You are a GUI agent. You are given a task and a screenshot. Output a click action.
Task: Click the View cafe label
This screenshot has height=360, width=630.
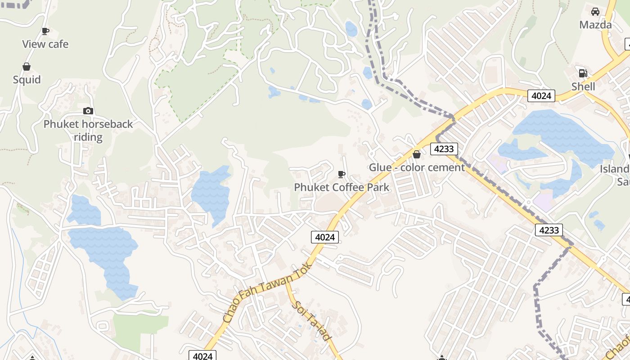(x=45, y=44)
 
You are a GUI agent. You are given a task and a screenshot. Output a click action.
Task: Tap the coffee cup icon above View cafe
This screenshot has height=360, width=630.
(x=45, y=31)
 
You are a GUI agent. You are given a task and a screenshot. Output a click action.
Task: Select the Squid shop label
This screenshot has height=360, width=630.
(x=27, y=80)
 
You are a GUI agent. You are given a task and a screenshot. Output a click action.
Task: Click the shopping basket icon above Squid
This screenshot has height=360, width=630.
(x=27, y=67)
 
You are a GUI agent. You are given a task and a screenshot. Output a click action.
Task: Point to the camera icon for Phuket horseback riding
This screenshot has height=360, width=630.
(x=88, y=111)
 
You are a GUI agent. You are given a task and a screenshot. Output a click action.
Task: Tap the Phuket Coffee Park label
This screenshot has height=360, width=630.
(x=342, y=187)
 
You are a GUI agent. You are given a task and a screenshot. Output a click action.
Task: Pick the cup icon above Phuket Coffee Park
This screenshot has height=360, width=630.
(x=342, y=174)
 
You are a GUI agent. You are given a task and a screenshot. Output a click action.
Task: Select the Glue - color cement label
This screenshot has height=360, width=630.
(x=417, y=167)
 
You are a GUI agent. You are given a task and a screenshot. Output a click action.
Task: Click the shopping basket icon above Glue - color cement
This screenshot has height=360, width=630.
(x=417, y=155)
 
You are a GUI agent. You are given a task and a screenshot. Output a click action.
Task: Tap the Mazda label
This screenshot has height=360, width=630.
(x=595, y=25)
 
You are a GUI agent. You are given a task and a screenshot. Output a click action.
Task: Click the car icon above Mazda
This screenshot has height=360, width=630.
(x=595, y=12)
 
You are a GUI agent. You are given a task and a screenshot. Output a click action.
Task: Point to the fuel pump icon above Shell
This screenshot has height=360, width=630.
(x=583, y=73)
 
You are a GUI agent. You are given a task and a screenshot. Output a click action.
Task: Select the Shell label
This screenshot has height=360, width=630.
(x=583, y=86)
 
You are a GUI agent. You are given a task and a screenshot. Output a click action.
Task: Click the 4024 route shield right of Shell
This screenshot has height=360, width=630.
(x=541, y=96)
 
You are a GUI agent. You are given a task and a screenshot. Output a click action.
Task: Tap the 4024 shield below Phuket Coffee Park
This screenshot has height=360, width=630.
(x=324, y=237)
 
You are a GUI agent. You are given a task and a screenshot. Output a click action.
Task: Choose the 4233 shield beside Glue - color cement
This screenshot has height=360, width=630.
(x=444, y=149)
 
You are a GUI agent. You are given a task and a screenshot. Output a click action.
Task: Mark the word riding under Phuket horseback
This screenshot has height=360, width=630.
(x=88, y=137)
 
